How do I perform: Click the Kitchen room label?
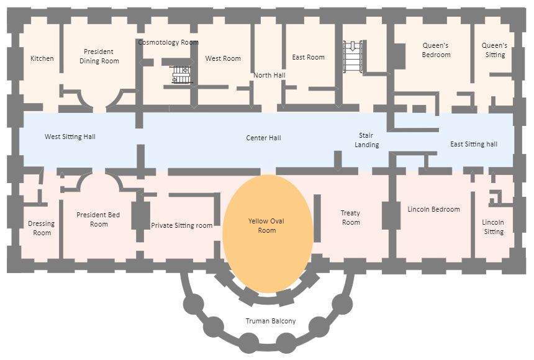(42, 58)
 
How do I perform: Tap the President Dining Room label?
(99, 56)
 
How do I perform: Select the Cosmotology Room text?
(168, 42)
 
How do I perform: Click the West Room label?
(223, 58)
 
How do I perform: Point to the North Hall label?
(269, 75)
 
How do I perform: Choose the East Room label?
(309, 57)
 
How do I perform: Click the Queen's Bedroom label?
(436, 50)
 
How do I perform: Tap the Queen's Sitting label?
(495, 50)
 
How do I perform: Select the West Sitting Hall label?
(70, 137)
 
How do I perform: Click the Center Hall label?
(263, 137)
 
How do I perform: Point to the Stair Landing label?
(367, 140)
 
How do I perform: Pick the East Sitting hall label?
(474, 144)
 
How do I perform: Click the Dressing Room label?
(42, 228)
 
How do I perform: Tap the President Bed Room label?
(99, 219)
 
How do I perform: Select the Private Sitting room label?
(182, 225)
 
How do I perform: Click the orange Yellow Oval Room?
(267, 248)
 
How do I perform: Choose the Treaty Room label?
(351, 217)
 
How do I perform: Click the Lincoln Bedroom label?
(433, 209)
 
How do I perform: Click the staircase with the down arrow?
(353, 56)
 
